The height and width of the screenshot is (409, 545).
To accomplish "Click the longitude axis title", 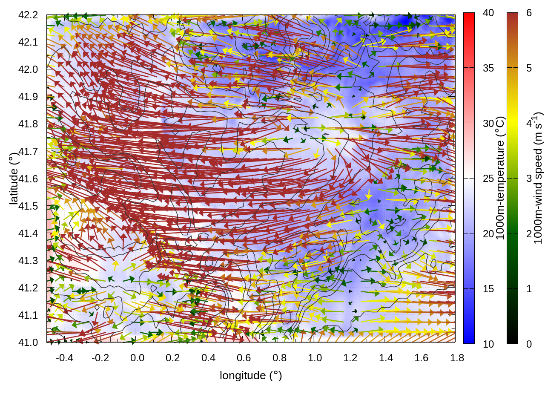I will point(251,375).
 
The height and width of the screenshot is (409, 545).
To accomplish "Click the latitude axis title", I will point(14,179).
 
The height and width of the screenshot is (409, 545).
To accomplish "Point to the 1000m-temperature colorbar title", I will point(500,178).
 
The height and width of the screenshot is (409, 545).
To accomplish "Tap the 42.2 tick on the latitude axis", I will point(28,15).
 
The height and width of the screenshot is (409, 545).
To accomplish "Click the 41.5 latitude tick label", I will point(28,206).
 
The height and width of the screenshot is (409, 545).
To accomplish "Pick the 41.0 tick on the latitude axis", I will point(28,343).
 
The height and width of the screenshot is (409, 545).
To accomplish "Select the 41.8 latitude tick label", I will point(28,124).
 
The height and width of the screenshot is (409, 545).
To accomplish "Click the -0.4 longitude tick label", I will point(64,358).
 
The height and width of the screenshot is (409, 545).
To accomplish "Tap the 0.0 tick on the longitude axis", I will point(137,358).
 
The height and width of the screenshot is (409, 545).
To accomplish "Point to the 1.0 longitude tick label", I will point(315,358).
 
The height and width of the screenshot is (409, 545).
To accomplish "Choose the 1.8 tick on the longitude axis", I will point(457,358).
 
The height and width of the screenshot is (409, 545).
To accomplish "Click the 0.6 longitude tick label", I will point(244,358).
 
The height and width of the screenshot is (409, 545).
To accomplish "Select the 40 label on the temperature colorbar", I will point(488,13).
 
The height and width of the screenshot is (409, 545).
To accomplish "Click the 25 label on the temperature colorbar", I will point(488,179).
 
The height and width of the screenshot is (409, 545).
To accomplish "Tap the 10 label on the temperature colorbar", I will point(488,344).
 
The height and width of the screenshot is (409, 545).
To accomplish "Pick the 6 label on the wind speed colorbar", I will point(529,13).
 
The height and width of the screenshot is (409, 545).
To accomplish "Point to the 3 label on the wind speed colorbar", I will point(529,179).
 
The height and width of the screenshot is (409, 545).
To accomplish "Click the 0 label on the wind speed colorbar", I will point(529,344).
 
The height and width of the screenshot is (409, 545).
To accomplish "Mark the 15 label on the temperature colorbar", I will point(488,289).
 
